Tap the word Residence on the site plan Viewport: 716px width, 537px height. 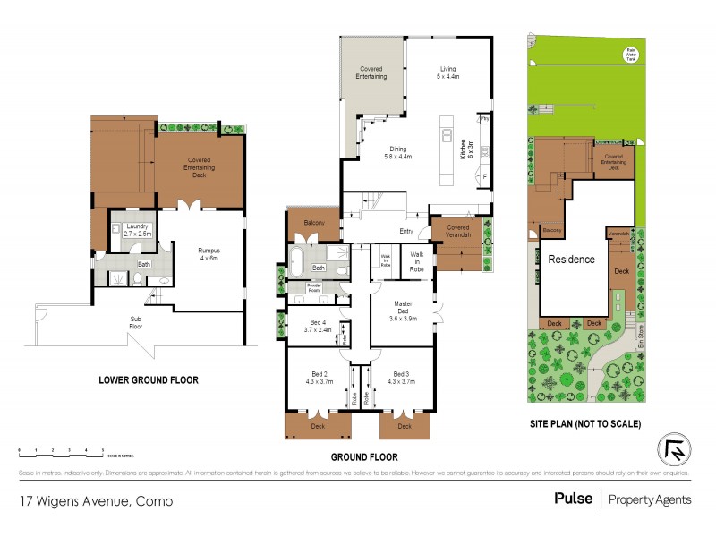(571, 260)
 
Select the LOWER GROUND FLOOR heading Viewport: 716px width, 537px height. (149, 380)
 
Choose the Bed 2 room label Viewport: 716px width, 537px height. (320, 380)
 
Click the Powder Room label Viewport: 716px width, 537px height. (297, 288)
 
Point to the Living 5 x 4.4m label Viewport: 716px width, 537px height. (448, 73)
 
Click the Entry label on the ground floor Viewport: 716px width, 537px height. (406, 232)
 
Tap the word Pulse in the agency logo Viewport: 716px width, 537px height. (573, 499)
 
